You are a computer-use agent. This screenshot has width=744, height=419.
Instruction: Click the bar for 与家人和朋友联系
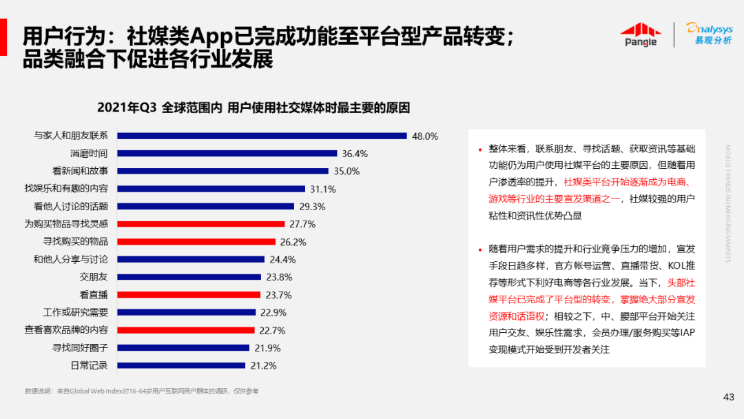(x=262, y=136)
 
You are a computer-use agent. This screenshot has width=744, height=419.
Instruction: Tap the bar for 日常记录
(x=182, y=365)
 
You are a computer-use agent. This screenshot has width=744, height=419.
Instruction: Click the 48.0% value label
(x=425, y=136)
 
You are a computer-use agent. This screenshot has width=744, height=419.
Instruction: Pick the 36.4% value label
(x=355, y=154)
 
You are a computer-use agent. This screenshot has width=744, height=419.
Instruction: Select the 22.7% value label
(x=272, y=330)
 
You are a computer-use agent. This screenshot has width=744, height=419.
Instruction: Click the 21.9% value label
(x=267, y=348)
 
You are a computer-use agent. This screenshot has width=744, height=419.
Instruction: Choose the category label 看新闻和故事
(x=79, y=171)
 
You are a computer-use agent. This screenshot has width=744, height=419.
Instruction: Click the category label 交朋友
(x=93, y=277)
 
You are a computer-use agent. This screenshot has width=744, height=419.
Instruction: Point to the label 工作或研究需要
(x=75, y=312)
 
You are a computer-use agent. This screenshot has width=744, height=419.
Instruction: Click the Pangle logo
(x=640, y=34)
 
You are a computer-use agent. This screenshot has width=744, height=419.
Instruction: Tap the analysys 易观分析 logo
(x=709, y=34)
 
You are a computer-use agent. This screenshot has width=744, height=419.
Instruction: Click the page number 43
(x=728, y=396)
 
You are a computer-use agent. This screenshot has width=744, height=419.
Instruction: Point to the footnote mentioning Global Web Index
(x=141, y=391)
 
